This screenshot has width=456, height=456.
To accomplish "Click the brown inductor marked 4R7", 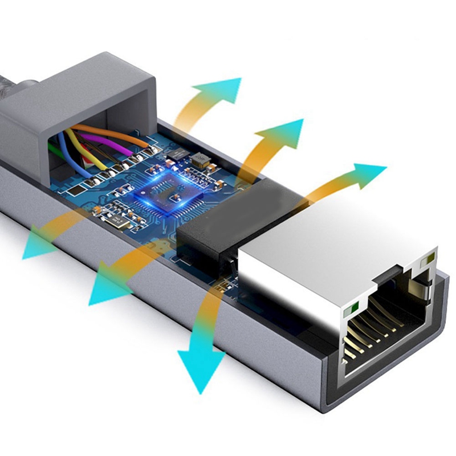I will (x=199, y=160).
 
